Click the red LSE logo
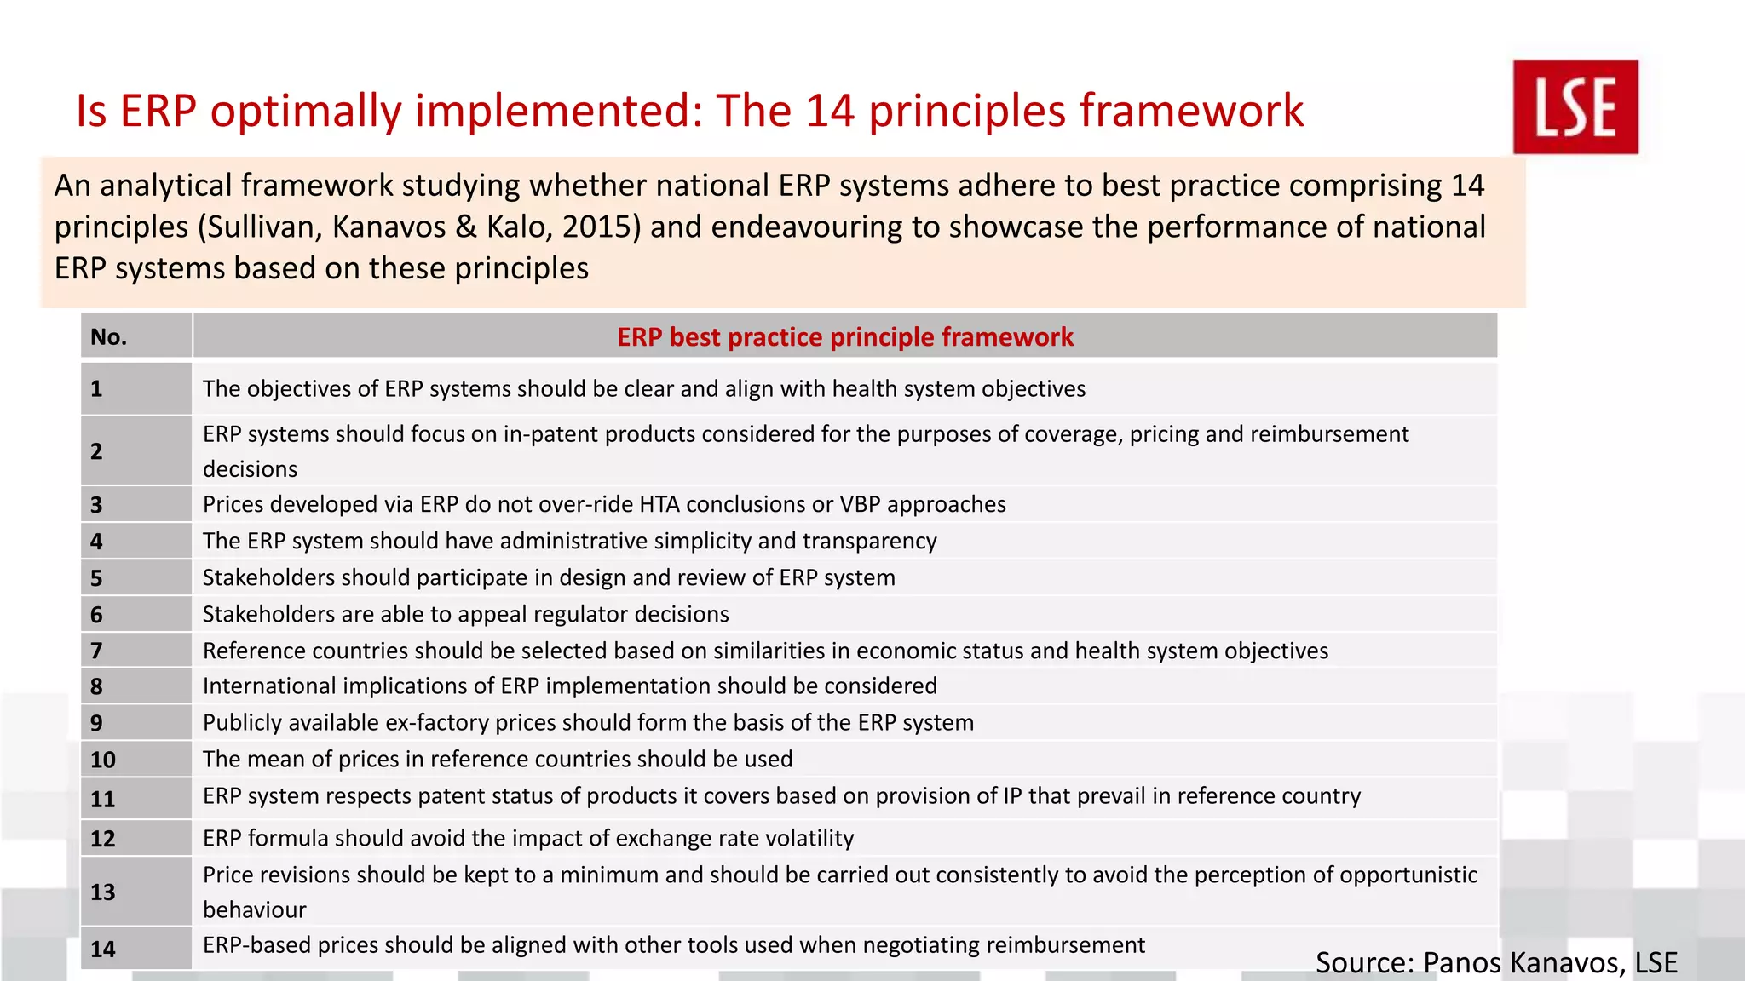coord(1575,106)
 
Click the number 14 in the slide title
coord(830,111)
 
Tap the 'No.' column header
coord(109,337)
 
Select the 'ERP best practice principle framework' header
coord(844,337)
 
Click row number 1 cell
coord(97,389)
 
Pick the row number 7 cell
coord(97,651)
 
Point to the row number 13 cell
coord(103,892)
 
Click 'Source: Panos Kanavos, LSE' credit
coord(1496,962)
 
